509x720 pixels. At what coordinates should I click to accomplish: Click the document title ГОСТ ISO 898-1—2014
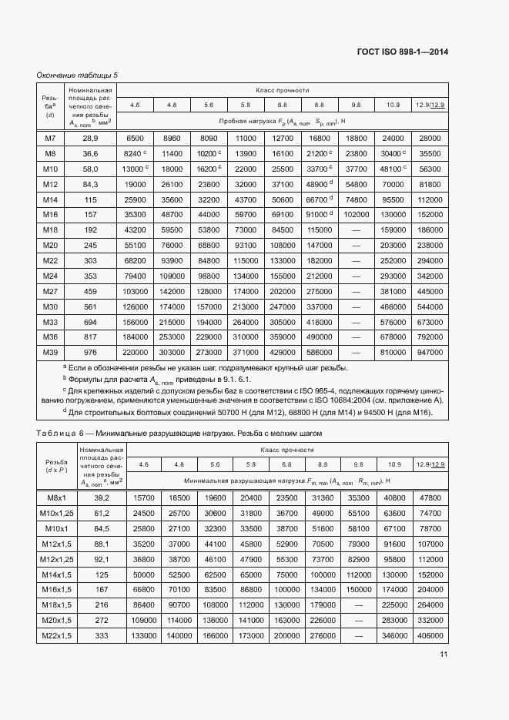pos(403,52)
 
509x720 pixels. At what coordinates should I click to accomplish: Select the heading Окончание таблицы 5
pos(78,75)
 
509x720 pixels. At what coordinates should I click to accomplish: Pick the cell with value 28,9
pos(91,138)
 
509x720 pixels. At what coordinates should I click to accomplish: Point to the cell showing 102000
pos(356,214)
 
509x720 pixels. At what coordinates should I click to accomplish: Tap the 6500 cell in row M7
pos(135,138)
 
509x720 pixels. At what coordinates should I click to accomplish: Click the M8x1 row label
pos(54,499)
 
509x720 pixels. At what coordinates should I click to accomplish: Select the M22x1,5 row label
pos(54,636)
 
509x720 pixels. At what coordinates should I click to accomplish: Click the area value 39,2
pos(101,499)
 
